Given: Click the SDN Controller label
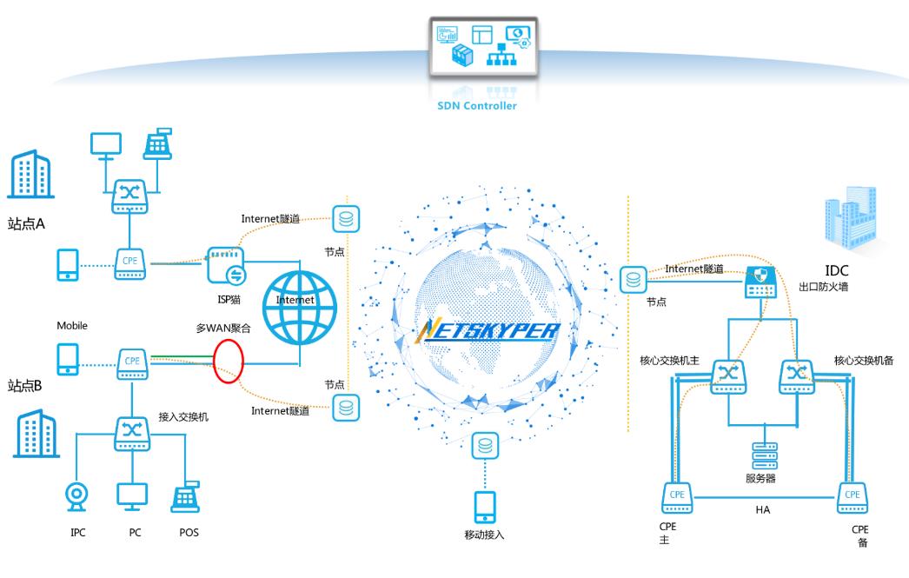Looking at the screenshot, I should coord(475,106).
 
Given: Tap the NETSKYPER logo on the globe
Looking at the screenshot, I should coord(488,331).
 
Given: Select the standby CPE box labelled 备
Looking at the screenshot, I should coord(852,498).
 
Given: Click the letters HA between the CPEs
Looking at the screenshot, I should coord(762,509).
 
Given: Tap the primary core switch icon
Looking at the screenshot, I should coord(727,375).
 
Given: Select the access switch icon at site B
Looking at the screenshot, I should coord(131,433).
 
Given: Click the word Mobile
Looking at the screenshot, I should coord(73,325).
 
